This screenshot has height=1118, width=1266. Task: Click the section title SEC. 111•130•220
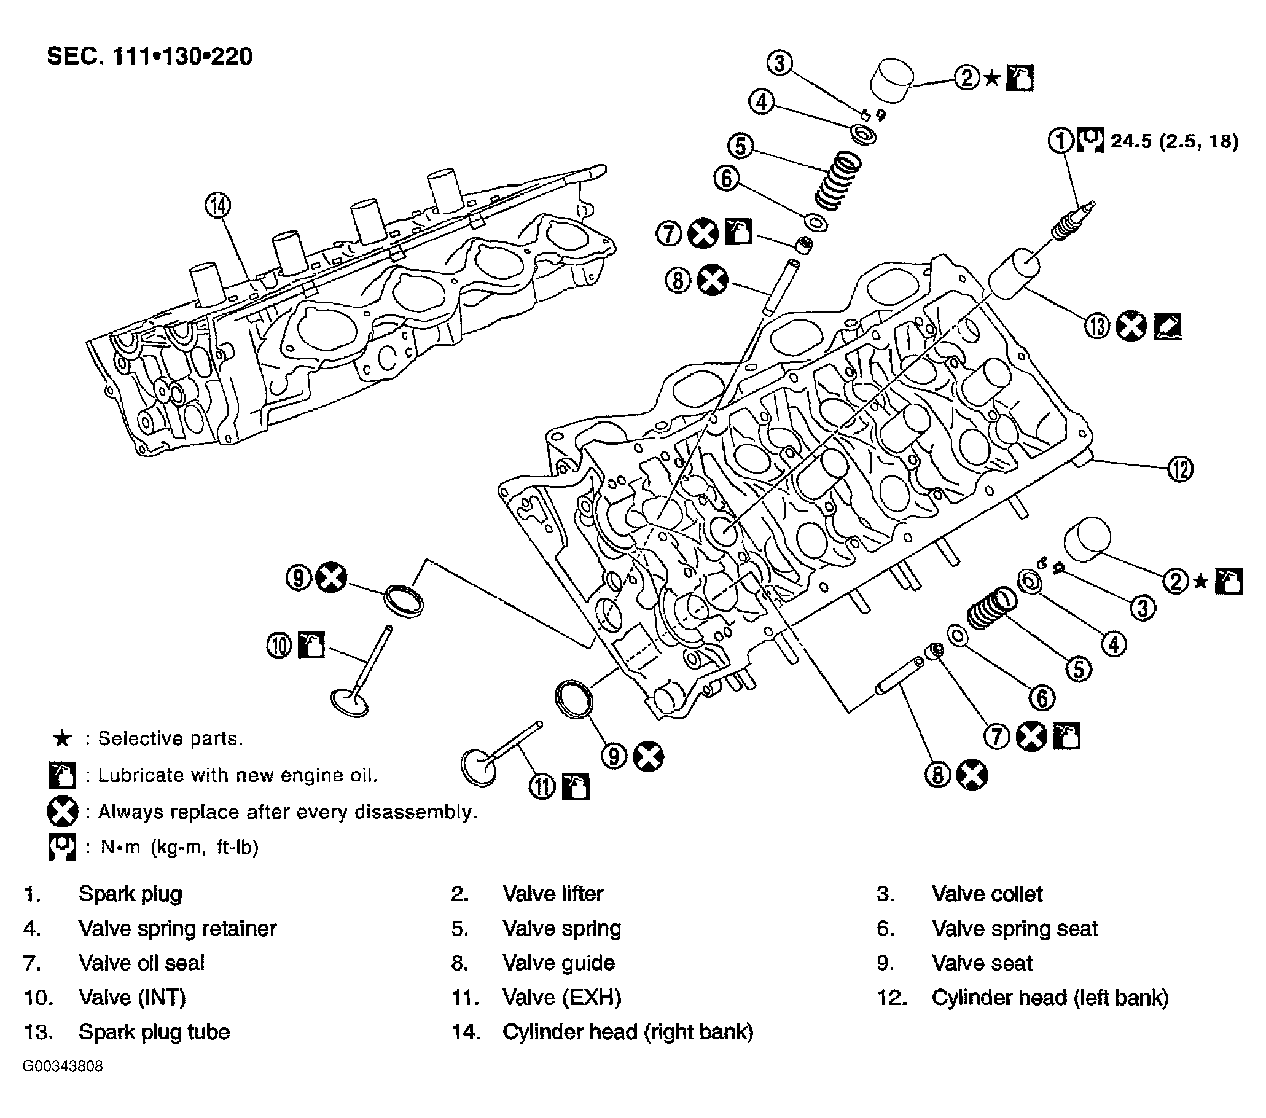tap(150, 57)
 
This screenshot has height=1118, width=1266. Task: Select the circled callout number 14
tap(217, 206)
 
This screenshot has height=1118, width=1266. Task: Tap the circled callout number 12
tap(1180, 468)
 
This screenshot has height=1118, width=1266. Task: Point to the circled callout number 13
tap(1097, 326)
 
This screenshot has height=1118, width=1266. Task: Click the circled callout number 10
tap(279, 646)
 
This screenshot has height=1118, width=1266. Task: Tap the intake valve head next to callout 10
tap(351, 702)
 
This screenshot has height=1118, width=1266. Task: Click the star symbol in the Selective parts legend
tap(62, 738)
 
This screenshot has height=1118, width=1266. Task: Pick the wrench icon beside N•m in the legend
tap(62, 846)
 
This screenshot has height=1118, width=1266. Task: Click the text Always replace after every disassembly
tap(288, 811)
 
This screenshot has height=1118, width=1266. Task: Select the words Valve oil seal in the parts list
tap(141, 963)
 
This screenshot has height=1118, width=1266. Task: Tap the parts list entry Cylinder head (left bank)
tap(1050, 997)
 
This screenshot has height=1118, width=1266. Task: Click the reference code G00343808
tap(63, 1066)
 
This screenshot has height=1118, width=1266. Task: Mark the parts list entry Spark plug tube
tap(154, 1032)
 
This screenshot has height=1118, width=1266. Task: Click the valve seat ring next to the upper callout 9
tap(404, 600)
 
